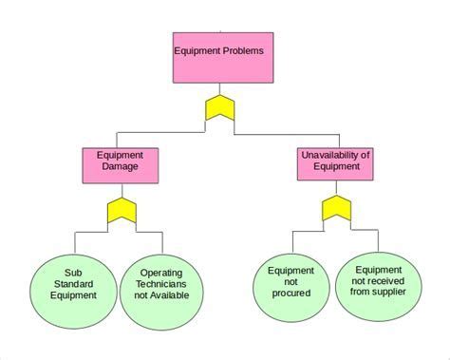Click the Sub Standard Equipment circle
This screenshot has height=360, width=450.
click(x=75, y=282)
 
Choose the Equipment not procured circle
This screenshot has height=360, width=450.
click(x=291, y=283)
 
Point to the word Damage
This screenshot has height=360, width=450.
click(x=120, y=166)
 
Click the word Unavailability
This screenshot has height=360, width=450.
click(x=325, y=153)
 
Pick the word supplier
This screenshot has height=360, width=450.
click(x=390, y=292)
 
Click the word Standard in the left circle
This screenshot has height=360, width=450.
click(x=75, y=282)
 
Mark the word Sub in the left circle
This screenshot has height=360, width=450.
click(x=75, y=270)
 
